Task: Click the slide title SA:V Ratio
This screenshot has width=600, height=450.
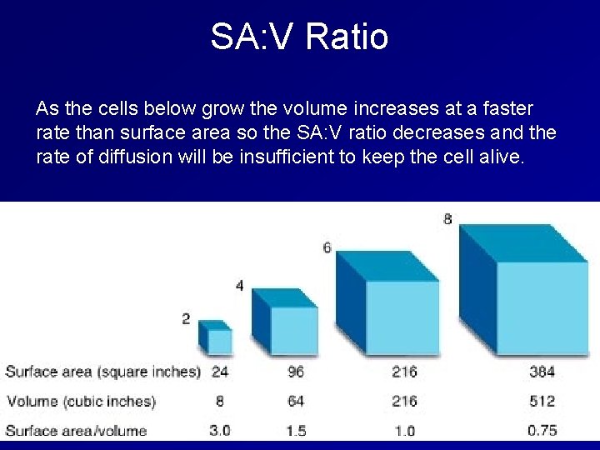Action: click(299, 37)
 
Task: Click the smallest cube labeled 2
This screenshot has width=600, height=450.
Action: click(216, 338)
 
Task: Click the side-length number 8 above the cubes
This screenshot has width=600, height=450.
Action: click(448, 219)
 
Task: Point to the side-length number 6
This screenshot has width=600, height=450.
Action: click(327, 247)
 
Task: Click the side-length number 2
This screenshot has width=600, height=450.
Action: click(186, 318)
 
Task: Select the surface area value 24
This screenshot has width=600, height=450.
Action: click(220, 372)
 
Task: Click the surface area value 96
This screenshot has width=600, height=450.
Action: click(296, 372)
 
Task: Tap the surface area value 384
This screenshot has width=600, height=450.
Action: click(542, 372)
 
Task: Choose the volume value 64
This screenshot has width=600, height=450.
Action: click(296, 401)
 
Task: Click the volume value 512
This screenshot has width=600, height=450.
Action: click(542, 401)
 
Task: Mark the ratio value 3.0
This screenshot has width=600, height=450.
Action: click(220, 430)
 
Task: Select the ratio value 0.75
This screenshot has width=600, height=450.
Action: click(542, 430)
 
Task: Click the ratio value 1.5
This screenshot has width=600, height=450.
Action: click(296, 430)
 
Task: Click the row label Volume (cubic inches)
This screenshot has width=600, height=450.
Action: click(81, 401)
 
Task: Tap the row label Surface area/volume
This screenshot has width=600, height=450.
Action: click(76, 430)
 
